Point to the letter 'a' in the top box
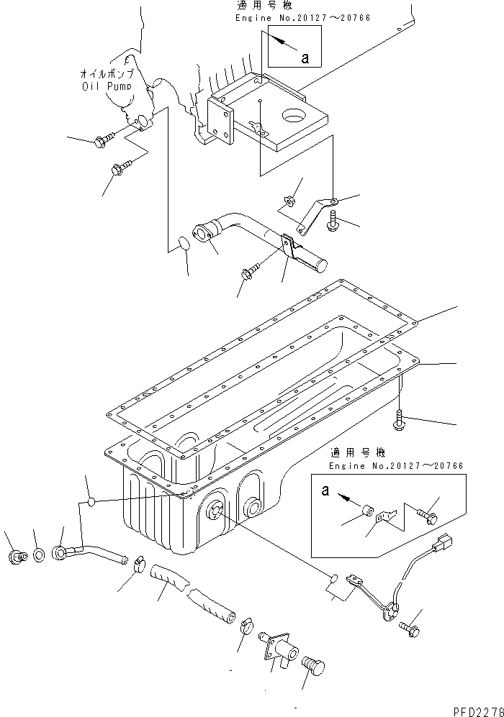coord(305,58)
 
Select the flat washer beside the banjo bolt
coord(37,555)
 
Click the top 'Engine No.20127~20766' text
coord(302,17)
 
